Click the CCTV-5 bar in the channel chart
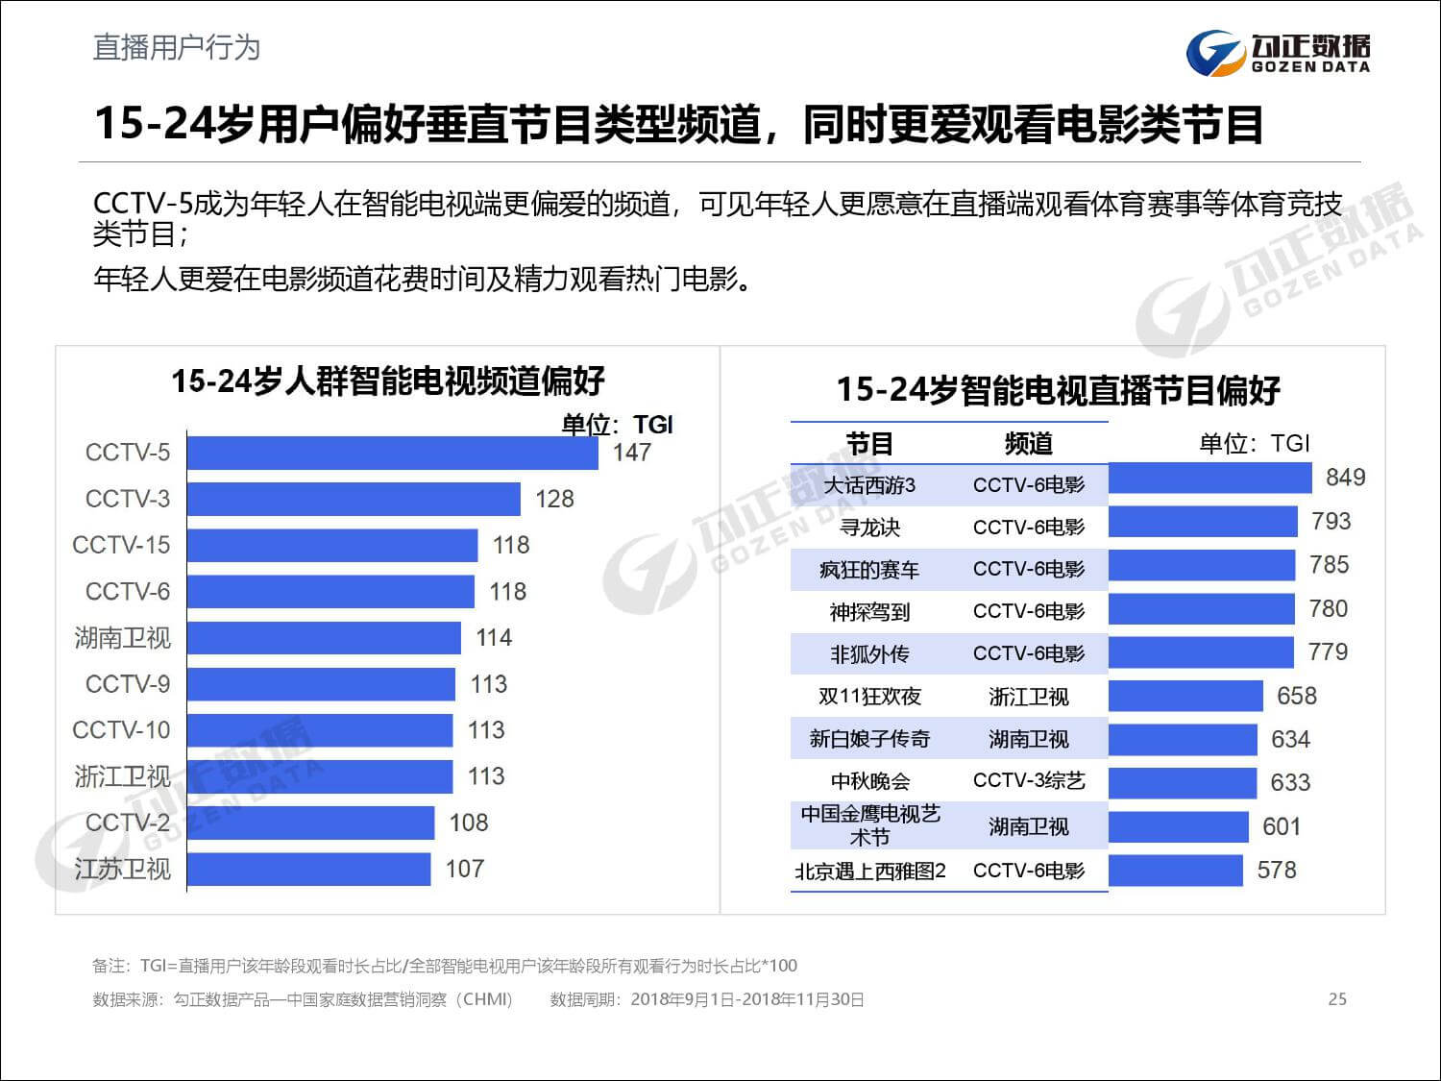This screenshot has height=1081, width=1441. (392, 453)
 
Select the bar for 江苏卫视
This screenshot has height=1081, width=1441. (308, 869)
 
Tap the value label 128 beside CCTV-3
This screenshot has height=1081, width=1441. (554, 499)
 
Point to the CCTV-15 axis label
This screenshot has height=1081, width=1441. (121, 545)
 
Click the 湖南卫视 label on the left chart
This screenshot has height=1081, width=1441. (122, 637)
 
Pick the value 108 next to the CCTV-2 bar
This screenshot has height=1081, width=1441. (468, 823)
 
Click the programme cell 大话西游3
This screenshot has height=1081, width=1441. (868, 485)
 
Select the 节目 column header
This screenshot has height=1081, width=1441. (868, 444)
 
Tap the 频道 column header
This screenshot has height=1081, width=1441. (1028, 444)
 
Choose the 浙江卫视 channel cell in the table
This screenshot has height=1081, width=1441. (1028, 697)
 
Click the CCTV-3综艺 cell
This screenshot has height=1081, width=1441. (1028, 780)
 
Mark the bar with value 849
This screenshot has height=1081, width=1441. (1209, 478)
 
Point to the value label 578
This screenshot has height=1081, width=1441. (1276, 870)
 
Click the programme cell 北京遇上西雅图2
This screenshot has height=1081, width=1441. (869, 871)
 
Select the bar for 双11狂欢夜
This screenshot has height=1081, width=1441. (1185, 696)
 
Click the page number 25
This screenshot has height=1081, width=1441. (1336, 999)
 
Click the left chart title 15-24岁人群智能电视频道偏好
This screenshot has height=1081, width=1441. (387, 381)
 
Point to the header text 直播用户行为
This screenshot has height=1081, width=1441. (176, 47)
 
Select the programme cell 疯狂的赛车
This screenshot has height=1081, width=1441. (868, 570)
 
